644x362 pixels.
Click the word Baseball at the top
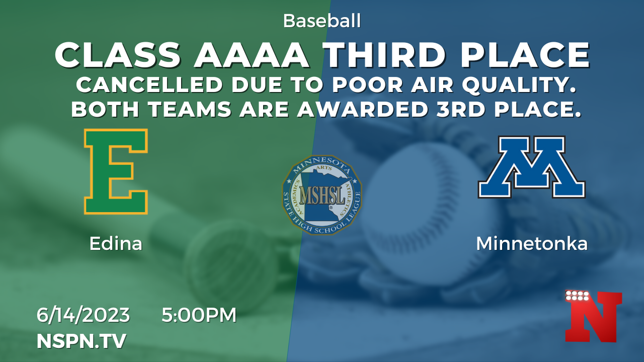(321, 21)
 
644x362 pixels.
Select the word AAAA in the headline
(252, 55)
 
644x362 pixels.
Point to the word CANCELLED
(149, 85)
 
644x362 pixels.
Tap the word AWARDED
(362, 110)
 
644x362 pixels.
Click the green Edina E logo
(116, 171)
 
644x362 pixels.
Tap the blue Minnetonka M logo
(532, 167)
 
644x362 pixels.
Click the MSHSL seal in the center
(321, 195)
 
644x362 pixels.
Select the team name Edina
(116, 244)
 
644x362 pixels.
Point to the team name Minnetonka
(532, 244)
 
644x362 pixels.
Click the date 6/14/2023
(83, 315)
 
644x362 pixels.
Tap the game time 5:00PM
(199, 315)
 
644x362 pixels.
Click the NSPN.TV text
(82, 341)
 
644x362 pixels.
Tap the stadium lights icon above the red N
(577, 296)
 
